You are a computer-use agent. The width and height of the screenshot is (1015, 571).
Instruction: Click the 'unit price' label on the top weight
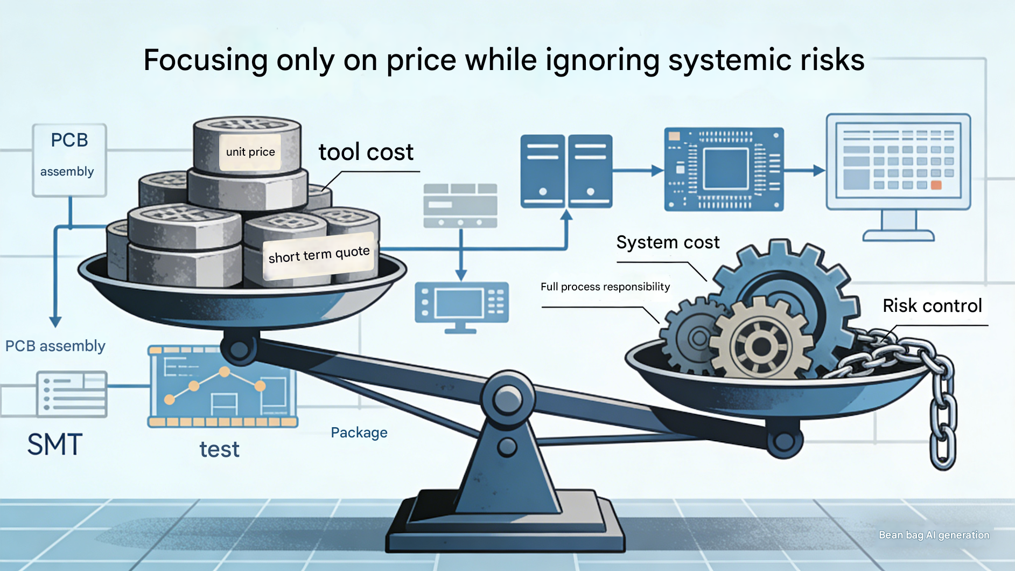[250, 152]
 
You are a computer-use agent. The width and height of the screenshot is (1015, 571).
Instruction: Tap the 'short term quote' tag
[319, 255]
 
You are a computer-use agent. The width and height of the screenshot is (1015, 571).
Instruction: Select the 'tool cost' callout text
[366, 152]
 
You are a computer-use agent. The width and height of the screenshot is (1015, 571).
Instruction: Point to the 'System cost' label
[668, 242]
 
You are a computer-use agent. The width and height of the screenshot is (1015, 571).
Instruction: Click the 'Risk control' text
[932, 306]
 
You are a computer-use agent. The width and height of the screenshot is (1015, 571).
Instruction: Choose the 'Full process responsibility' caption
[605, 287]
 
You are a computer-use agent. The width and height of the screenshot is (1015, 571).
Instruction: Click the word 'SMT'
[55, 445]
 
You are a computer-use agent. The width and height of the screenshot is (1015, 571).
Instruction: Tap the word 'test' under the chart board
[219, 449]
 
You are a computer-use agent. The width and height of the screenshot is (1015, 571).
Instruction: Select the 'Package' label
[359, 433]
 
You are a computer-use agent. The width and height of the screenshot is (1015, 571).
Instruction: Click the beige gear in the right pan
[761, 345]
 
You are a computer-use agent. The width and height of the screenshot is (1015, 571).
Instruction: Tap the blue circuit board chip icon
[724, 169]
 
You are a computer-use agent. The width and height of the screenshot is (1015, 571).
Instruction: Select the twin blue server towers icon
[566, 171]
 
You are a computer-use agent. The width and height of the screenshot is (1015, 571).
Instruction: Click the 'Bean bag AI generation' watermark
[934, 535]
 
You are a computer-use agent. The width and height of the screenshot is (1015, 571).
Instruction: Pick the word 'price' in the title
[421, 60]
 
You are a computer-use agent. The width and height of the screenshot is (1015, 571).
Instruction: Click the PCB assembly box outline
[69, 160]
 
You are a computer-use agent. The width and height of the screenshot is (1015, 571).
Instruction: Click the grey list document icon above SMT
[72, 394]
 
